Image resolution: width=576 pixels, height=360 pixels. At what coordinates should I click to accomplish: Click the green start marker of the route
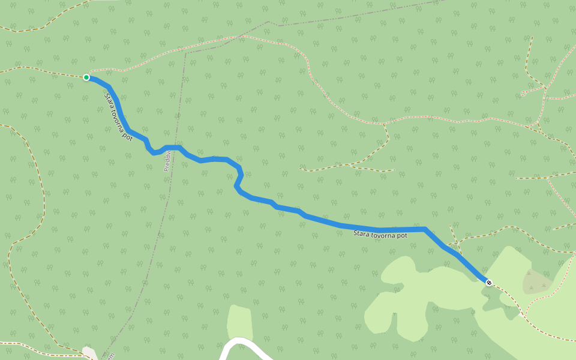(86, 77)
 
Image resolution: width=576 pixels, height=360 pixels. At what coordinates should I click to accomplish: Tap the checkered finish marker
(489, 283)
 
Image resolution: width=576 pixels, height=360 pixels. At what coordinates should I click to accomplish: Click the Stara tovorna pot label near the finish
(380, 235)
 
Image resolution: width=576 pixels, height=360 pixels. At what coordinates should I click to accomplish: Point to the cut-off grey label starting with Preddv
(168, 161)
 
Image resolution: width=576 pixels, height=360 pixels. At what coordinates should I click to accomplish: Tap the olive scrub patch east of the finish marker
(536, 281)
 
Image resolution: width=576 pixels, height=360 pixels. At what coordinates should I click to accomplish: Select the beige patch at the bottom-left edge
(90, 353)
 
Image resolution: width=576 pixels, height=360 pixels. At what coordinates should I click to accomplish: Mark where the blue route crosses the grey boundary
(174, 148)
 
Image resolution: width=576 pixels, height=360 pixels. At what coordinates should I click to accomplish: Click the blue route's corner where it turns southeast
(425, 229)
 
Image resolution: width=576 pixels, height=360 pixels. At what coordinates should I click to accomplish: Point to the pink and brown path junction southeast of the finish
(524, 315)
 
